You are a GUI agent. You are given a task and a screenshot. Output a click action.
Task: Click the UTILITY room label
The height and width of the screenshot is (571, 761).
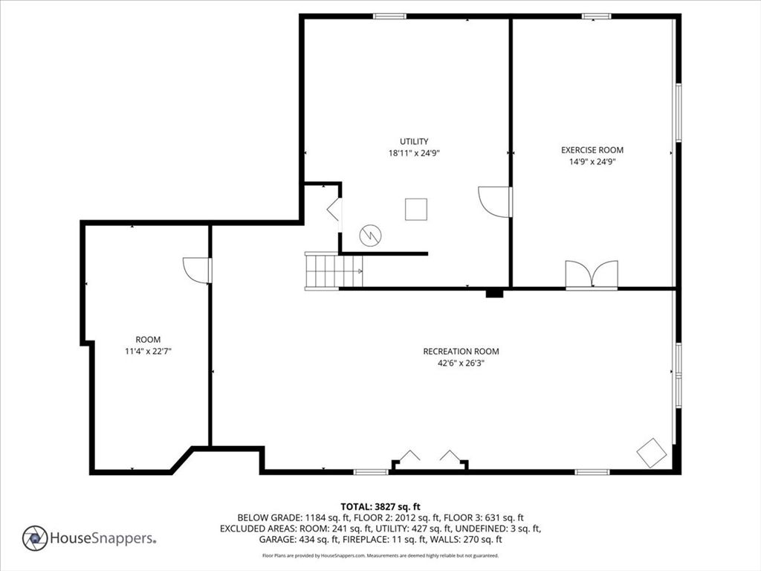click(414, 141)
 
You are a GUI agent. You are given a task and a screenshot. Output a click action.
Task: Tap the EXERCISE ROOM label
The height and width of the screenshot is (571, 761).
click(592, 150)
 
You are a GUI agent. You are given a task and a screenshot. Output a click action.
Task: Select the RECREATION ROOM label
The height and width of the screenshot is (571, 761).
click(461, 351)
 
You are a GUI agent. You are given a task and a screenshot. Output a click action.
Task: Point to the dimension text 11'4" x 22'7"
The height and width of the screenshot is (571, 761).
click(149, 351)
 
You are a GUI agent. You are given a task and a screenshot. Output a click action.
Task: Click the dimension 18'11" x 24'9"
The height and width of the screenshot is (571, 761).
click(414, 153)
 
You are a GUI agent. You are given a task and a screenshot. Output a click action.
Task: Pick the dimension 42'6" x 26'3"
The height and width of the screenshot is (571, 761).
click(461, 363)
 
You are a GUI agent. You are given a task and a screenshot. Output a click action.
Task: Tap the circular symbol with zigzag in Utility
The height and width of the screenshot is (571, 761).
click(370, 236)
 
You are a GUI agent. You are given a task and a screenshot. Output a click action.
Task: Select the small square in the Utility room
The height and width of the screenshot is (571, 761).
click(416, 209)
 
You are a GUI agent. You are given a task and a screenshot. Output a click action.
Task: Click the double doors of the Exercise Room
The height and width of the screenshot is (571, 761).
click(592, 275)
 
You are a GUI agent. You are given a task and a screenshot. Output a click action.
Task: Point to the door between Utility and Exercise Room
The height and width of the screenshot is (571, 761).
click(494, 201)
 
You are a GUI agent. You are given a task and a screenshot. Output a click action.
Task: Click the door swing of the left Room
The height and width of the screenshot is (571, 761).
click(197, 270)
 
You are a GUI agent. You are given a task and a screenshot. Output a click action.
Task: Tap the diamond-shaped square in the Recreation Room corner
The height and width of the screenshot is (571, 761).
click(651, 453)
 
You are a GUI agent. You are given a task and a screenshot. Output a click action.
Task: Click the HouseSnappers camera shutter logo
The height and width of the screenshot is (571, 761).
click(35, 538)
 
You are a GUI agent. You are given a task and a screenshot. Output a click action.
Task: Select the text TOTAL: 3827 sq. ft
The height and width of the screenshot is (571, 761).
click(380, 507)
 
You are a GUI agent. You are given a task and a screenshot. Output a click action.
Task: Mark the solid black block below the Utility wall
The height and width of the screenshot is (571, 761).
click(495, 293)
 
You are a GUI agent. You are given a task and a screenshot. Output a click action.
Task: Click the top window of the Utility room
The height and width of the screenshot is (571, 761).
click(389, 16)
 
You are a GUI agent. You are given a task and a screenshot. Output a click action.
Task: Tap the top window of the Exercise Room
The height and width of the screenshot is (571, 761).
click(597, 16)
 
